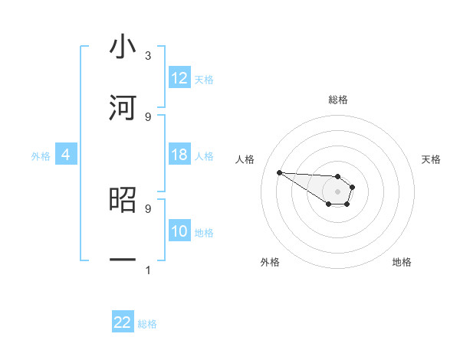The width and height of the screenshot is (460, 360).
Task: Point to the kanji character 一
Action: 123,260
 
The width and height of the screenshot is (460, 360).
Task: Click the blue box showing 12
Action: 179,78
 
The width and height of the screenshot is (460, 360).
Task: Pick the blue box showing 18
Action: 179,155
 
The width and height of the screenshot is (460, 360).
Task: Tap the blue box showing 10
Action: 179,231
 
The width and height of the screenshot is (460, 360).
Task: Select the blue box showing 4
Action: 66,155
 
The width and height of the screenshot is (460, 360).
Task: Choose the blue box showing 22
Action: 123,322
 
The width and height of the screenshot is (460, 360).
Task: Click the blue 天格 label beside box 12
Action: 204,79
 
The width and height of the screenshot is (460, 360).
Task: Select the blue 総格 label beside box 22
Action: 147,323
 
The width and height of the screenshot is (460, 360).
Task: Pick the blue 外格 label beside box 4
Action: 41,155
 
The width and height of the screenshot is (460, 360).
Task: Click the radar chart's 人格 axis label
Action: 245,159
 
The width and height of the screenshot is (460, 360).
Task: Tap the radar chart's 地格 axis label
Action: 402,262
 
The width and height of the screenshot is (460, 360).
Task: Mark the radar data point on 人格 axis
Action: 279,172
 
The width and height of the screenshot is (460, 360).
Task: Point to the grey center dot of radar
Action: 337,191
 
